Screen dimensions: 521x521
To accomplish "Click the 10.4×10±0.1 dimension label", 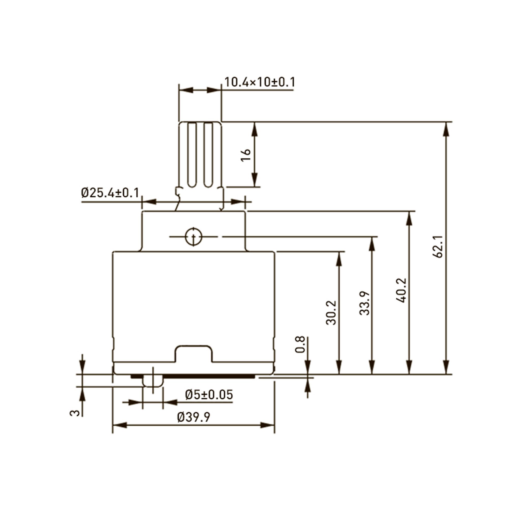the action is [260, 82].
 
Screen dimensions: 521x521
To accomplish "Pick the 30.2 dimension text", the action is [331, 313].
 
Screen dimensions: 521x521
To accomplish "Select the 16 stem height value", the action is [246, 155].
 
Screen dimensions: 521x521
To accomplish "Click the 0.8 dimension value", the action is [300, 345].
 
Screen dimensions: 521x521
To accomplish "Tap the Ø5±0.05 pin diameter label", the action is [209, 395].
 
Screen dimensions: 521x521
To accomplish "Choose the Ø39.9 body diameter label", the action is [194, 417].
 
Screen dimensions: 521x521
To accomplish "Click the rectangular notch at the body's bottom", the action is [194, 354].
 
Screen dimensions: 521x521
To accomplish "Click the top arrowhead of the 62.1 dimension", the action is [446, 130].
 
